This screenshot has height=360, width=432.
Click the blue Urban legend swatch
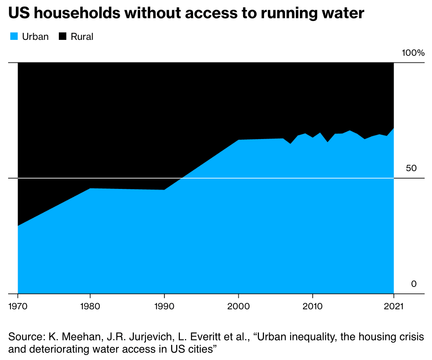pos(13,37)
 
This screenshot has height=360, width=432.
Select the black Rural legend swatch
pos(63,37)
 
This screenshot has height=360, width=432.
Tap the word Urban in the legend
pos(35,37)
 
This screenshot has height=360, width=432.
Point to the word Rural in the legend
pos(82,37)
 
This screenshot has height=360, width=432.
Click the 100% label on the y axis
pos(413,53)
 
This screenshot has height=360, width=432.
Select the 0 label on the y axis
pos(414,284)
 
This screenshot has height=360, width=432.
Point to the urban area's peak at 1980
pos(90,189)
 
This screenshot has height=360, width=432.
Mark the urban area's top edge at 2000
pos(238,140)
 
